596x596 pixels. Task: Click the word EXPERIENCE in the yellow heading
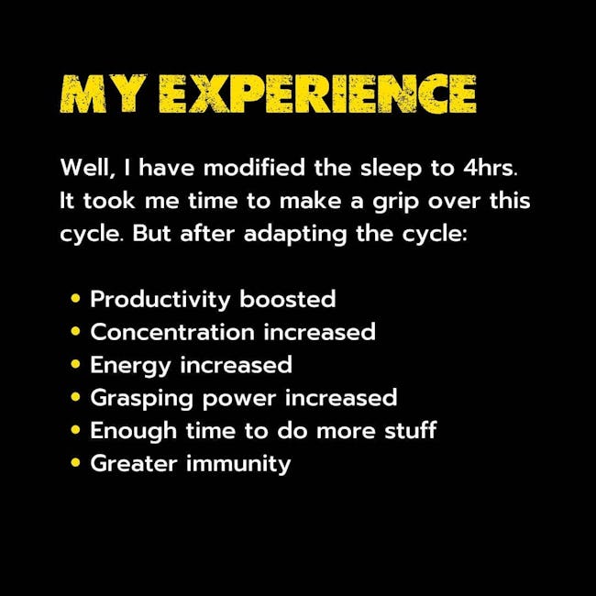[x=317, y=94]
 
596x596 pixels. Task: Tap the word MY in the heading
[x=104, y=94]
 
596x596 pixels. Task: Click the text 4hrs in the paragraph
[x=490, y=168]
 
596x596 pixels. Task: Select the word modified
[x=254, y=168]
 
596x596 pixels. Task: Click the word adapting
[x=295, y=235]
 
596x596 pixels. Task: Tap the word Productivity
[x=160, y=300]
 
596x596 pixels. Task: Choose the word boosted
[x=287, y=299]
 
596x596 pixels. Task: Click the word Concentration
[x=172, y=332]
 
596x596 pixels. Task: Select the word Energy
[x=130, y=366]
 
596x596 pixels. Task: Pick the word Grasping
[x=141, y=399]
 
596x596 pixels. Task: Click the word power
[x=239, y=400]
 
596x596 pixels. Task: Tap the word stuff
[x=411, y=430]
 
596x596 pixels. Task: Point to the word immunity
[x=238, y=465]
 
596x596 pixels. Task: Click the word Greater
[x=134, y=464]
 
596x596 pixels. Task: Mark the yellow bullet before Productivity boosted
[x=75, y=298]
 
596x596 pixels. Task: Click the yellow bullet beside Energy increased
[x=75, y=364]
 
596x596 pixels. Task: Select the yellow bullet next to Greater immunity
[x=75, y=462]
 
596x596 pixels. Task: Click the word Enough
[x=134, y=432]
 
